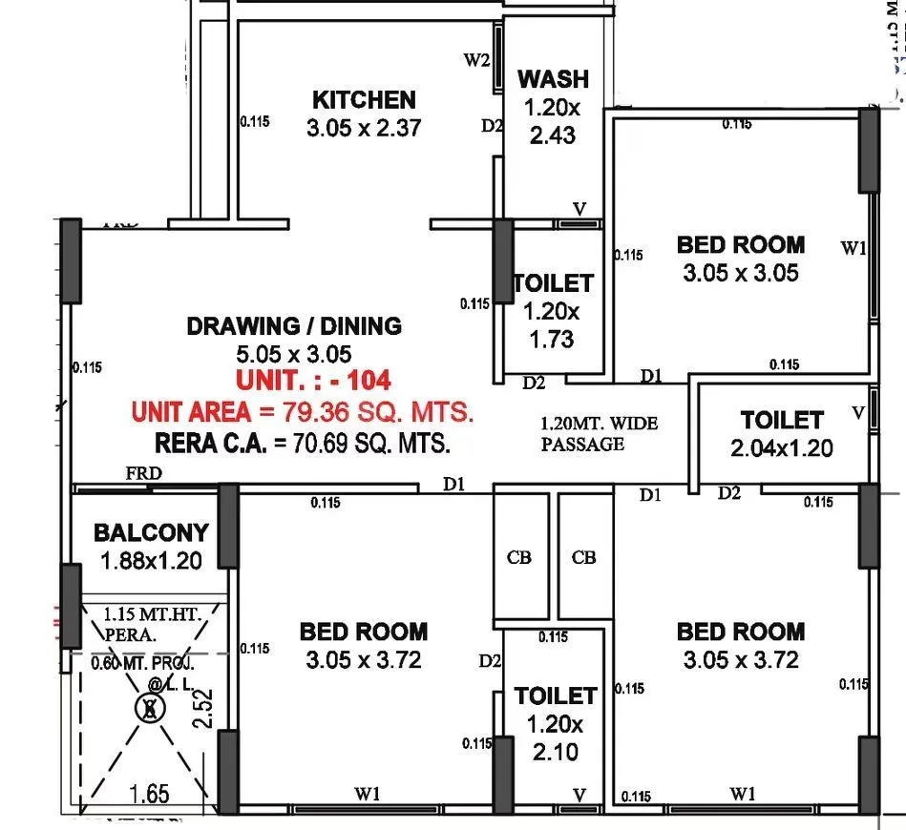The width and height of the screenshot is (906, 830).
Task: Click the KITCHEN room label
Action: (x=364, y=99)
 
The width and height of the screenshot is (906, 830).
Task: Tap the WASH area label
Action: (x=553, y=78)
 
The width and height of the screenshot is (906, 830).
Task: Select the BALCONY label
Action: (x=151, y=532)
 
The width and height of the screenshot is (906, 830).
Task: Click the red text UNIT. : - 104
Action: (x=313, y=380)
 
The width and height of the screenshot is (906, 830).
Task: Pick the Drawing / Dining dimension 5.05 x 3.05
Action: (x=293, y=354)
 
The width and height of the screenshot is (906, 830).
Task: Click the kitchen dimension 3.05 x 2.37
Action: (x=364, y=128)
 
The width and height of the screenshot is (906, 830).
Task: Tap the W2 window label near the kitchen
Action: (x=477, y=61)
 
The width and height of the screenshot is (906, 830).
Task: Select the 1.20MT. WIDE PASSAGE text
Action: (x=600, y=434)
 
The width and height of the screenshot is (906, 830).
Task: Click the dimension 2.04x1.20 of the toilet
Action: (x=782, y=447)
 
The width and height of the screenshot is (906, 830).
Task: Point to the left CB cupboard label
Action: (x=520, y=558)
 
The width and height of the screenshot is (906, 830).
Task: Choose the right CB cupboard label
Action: (x=584, y=558)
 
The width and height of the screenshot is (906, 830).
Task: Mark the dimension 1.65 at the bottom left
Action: (x=151, y=793)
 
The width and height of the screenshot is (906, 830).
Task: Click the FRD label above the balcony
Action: (x=143, y=473)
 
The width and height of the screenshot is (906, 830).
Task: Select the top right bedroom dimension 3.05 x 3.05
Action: (x=741, y=274)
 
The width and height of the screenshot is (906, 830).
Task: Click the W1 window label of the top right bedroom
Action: (x=853, y=249)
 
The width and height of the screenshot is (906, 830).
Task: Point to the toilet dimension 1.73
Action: (x=551, y=339)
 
